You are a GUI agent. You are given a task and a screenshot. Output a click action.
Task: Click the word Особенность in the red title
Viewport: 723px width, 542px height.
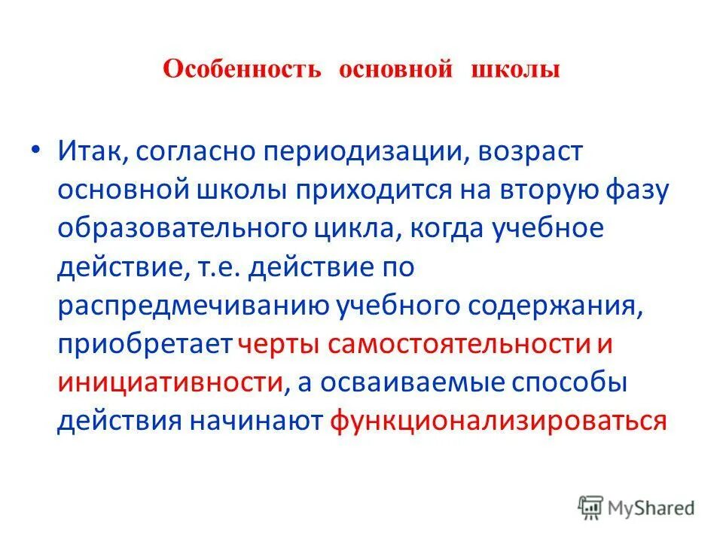[x=243, y=71]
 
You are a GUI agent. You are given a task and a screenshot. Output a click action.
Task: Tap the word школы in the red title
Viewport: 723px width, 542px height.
[x=515, y=71]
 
